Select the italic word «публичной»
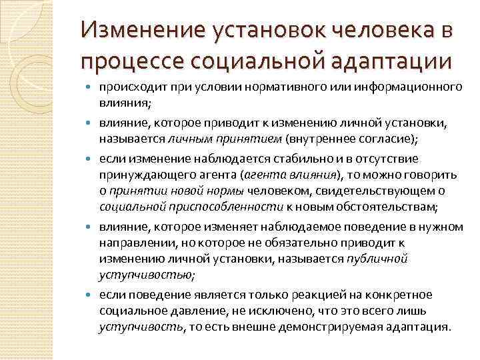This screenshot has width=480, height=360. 377,259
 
